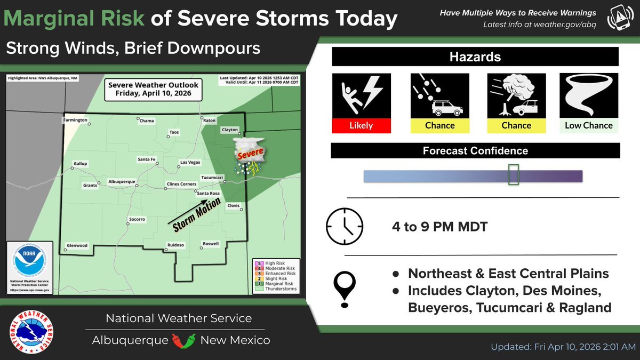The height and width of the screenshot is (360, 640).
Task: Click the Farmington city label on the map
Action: pos(75,121)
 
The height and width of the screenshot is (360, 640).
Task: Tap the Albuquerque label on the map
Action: pos(122,181)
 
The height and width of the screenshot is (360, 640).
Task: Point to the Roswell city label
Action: pos(210,244)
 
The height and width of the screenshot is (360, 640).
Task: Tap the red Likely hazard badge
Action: pos(361,125)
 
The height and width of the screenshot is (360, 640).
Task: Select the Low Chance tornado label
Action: pos(589,125)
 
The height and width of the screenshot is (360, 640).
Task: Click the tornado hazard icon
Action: pos(589,95)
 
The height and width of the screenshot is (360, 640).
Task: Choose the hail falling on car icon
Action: pos(439,95)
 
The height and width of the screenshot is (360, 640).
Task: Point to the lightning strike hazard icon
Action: pos(361,95)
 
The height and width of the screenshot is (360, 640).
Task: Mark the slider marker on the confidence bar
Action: pos(513,175)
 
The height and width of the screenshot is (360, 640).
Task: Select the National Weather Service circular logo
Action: pos(34,329)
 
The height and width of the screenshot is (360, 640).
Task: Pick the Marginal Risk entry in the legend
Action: pos(272,284)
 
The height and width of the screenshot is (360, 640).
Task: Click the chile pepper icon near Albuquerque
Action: pos(183,340)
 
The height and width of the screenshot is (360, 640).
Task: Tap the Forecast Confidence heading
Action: pos(475,151)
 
